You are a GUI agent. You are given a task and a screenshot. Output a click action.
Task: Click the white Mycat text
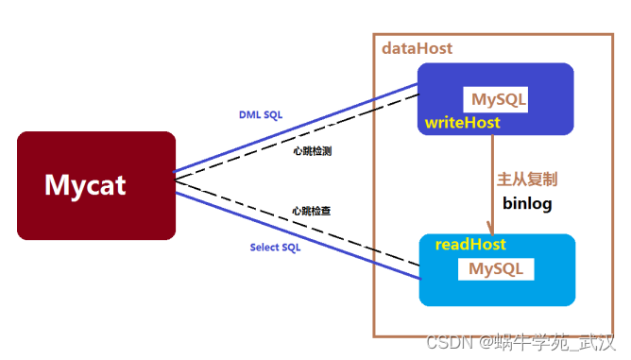85,185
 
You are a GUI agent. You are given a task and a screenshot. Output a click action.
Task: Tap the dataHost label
417,48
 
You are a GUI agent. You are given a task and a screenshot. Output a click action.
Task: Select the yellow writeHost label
462,123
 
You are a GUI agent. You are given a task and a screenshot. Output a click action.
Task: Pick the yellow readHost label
470,245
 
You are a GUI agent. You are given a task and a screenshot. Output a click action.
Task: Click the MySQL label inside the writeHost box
499,99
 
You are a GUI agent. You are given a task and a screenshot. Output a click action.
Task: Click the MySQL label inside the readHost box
496,268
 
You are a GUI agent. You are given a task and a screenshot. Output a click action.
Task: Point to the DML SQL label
261,114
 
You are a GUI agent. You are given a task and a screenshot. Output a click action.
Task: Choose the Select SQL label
275,248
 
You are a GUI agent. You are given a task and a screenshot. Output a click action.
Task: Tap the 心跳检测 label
313,151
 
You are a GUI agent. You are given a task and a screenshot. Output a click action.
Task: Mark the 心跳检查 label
312,211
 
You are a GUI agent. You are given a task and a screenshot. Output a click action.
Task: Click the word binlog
527,203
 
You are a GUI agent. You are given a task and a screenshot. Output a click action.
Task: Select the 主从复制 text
527,180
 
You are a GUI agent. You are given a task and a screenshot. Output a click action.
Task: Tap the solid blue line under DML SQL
296,129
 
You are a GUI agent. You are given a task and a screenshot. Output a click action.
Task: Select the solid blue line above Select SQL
298,235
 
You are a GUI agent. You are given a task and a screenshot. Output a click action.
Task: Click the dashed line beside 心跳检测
297,137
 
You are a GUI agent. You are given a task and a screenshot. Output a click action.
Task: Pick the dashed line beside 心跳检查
298,223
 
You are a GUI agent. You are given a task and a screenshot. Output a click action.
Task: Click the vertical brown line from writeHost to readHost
492,184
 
